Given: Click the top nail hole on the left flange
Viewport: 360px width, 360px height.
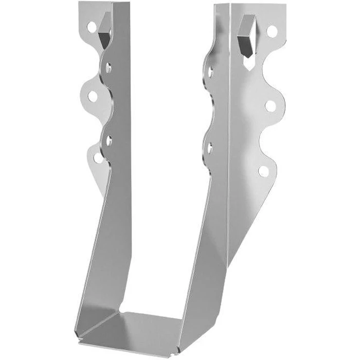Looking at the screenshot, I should [x=91, y=26].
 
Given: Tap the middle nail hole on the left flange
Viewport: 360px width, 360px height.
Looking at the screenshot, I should [x=93, y=96].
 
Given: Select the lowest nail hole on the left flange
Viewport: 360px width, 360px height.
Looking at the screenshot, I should [x=98, y=157].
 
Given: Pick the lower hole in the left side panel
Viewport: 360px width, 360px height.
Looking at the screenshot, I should [x=109, y=137].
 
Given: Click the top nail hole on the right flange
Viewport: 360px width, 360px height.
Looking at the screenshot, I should [x=272, y=32].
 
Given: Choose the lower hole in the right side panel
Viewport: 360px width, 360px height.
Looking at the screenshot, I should [x=209, y=148].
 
